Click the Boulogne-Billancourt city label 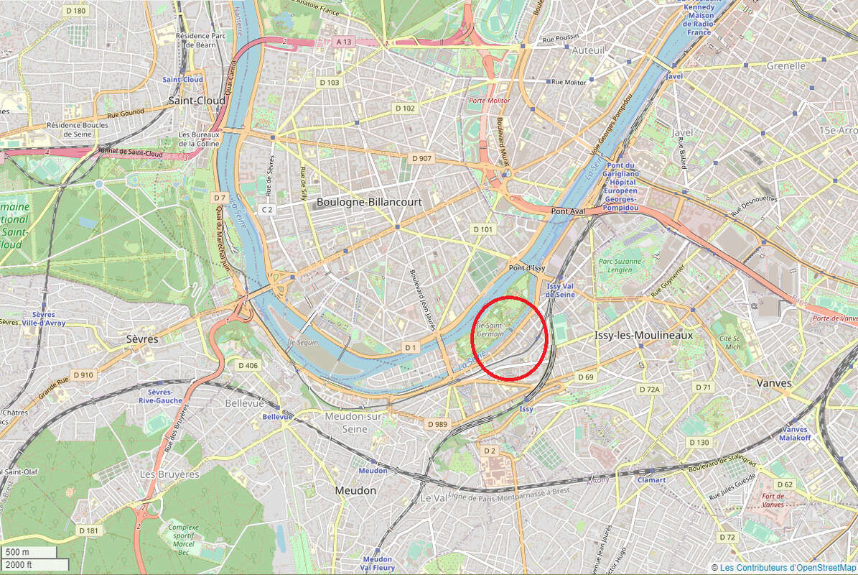coord(369,203)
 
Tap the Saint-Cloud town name coord(196,101)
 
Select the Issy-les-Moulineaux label coord(644,336)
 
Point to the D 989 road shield coord(437,424)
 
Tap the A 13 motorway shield coord(344,42)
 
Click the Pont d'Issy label coord(528,268)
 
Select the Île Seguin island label coord(302,343)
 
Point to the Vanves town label coord(773,383)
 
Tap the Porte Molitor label coord(489,101)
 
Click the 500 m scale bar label coord(18,552)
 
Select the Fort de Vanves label coord(773,500)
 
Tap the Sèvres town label coord(142,339)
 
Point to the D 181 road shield coord(88,530)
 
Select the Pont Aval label coord(569,211)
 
